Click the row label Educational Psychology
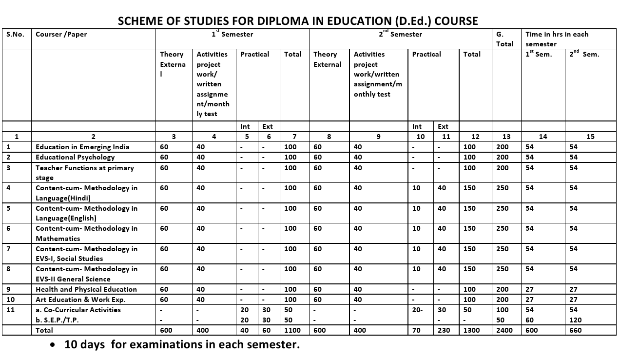[75, 157]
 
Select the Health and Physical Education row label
[86, 289]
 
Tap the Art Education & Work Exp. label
[80, 300]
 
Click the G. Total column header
[504, 39]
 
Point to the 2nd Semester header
[400, 34]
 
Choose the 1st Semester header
[232, 34]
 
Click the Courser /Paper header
[61, 34]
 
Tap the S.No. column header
[15, 34]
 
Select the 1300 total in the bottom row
[471, 330]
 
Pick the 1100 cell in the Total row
[292, 330]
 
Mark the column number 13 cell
[506, 137]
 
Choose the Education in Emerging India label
[82, 147]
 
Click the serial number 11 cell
[11, 310]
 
